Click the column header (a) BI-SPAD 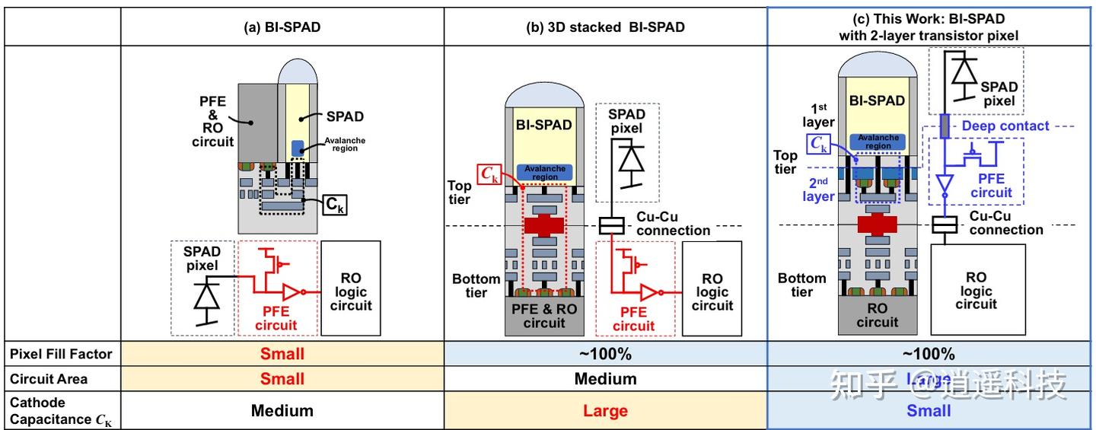(x=282, y=27)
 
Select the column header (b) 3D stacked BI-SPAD (x=605, y=27)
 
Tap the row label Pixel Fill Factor (x=62, y=354)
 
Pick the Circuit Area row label (x=50, y=378)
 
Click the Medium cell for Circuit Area (x=605, y=379)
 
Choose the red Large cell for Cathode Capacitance (x=605, y=411)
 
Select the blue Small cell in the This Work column (x=929, y=411)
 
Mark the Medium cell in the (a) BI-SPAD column (x=282, y=411)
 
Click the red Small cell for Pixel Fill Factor (x=282, y=354)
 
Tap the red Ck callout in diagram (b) (x=489, y=174)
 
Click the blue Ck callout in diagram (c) (x=819, y=142)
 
